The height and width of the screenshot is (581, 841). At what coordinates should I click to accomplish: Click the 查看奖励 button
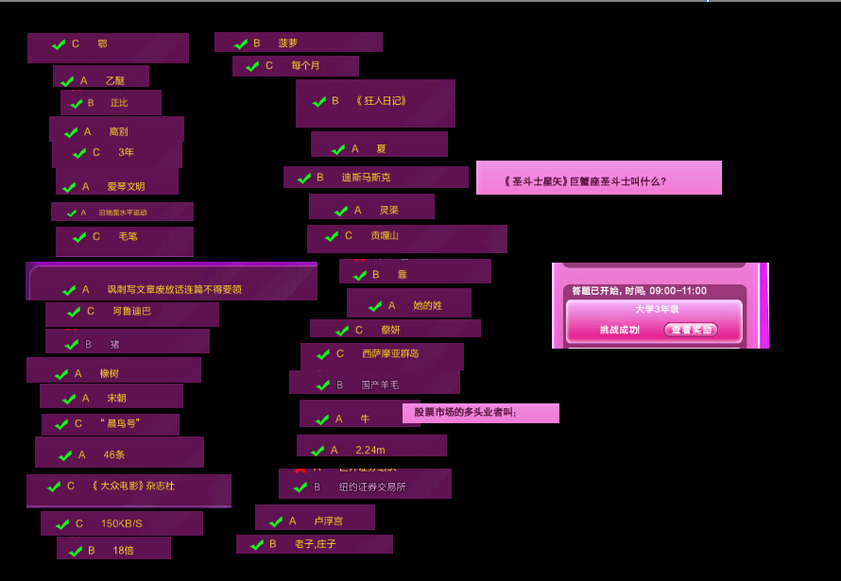click(x=690, y=330)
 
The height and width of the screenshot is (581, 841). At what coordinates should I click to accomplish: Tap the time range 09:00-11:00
click(x=678, y=291)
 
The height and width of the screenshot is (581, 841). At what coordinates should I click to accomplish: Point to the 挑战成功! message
click(x=620, y=330)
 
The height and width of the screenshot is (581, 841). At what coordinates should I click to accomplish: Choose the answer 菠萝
click(x=287, y=43)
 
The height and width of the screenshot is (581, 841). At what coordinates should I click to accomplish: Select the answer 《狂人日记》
click(x=381, y=101)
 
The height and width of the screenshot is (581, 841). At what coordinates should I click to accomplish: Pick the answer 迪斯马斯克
click(x=365, y=178)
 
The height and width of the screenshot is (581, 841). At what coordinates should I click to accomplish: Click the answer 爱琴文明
click(x=126, y=187)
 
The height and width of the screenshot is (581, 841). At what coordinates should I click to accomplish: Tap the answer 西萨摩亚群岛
click(x=389, y=354)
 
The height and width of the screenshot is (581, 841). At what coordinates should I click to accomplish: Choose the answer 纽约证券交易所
click(x=371, y=487)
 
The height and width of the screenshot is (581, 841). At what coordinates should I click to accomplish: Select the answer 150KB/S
click(x=121, y=523)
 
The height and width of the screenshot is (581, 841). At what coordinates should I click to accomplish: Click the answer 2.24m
click(x=369, y=450)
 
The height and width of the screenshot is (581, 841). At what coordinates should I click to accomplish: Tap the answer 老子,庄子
click(x=315, y=544)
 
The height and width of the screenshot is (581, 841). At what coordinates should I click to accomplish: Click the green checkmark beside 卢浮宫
click(x=276, y=521)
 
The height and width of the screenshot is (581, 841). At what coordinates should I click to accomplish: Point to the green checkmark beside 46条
click(x=65, y=455)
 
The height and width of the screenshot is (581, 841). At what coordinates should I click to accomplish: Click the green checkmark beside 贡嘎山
click(x=332, y=236)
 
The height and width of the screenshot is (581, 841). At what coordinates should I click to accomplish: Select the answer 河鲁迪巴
click(x=131, y=311)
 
